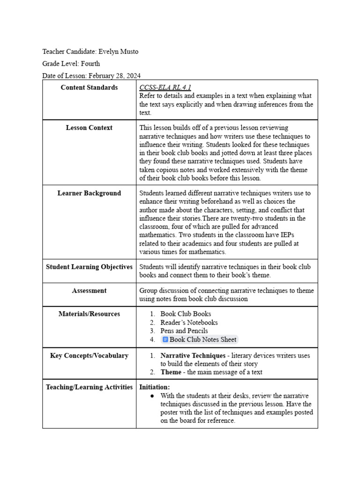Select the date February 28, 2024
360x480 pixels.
coord(114,75)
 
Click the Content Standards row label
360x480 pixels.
coord(89,88)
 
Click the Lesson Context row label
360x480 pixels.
coord(89,127)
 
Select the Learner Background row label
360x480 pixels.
coord(89,193)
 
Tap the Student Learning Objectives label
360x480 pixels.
coord(89,267)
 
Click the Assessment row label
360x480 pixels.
coord(89,291)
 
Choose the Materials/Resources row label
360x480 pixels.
coord(89,314)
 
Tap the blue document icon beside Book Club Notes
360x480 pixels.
coord(165,339)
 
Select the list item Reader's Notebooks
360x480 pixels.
coord(189,322)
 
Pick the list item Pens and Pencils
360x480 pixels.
coord(184,331)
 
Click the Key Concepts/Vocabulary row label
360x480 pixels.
coord(89,356)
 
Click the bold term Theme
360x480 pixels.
coord(171,372)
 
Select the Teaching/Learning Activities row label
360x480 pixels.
coord(89,387)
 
